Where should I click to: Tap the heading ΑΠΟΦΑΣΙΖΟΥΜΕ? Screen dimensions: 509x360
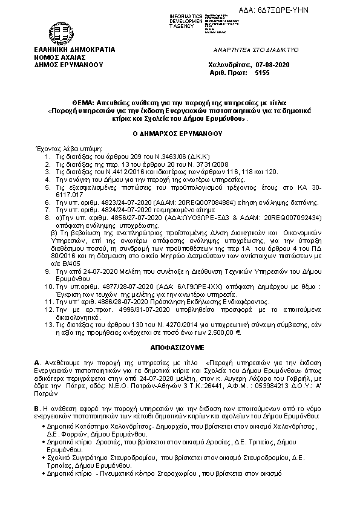(178, 349)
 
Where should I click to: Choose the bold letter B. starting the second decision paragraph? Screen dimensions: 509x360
(38, 409)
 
